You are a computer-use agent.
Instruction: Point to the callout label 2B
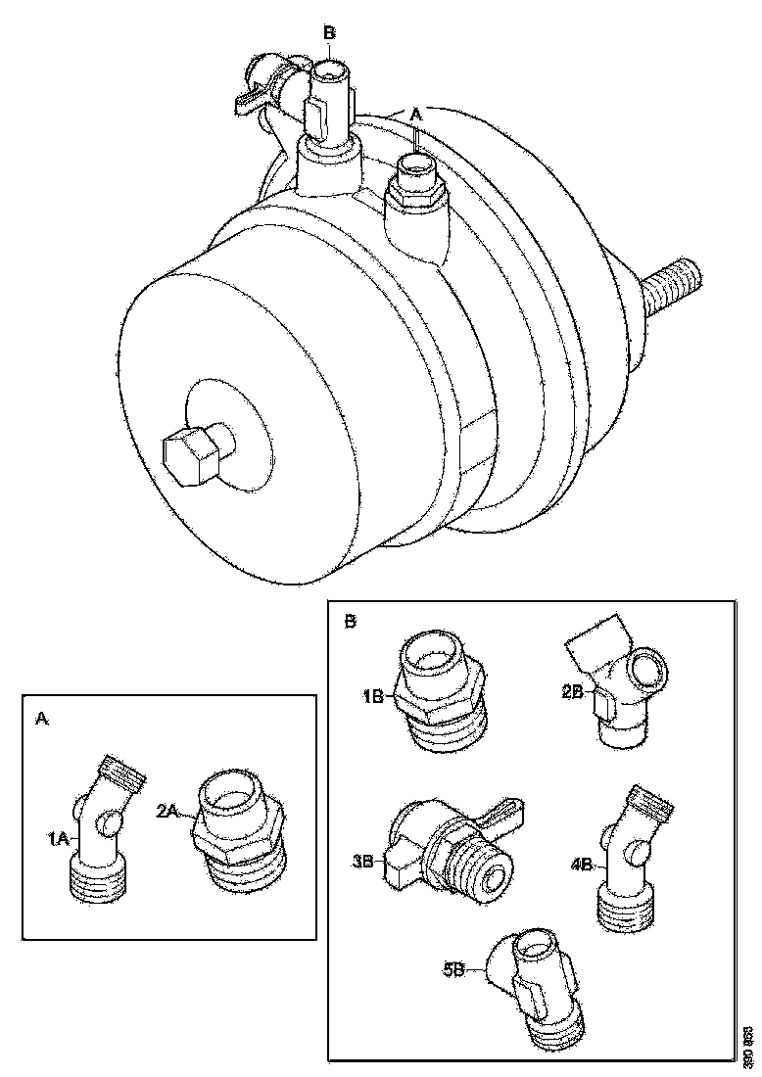(574, 690)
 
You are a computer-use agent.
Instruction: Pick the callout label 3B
(363, 861)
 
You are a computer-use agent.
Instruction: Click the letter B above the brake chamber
(330, 32)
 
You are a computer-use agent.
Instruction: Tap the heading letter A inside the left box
(41, 718)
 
